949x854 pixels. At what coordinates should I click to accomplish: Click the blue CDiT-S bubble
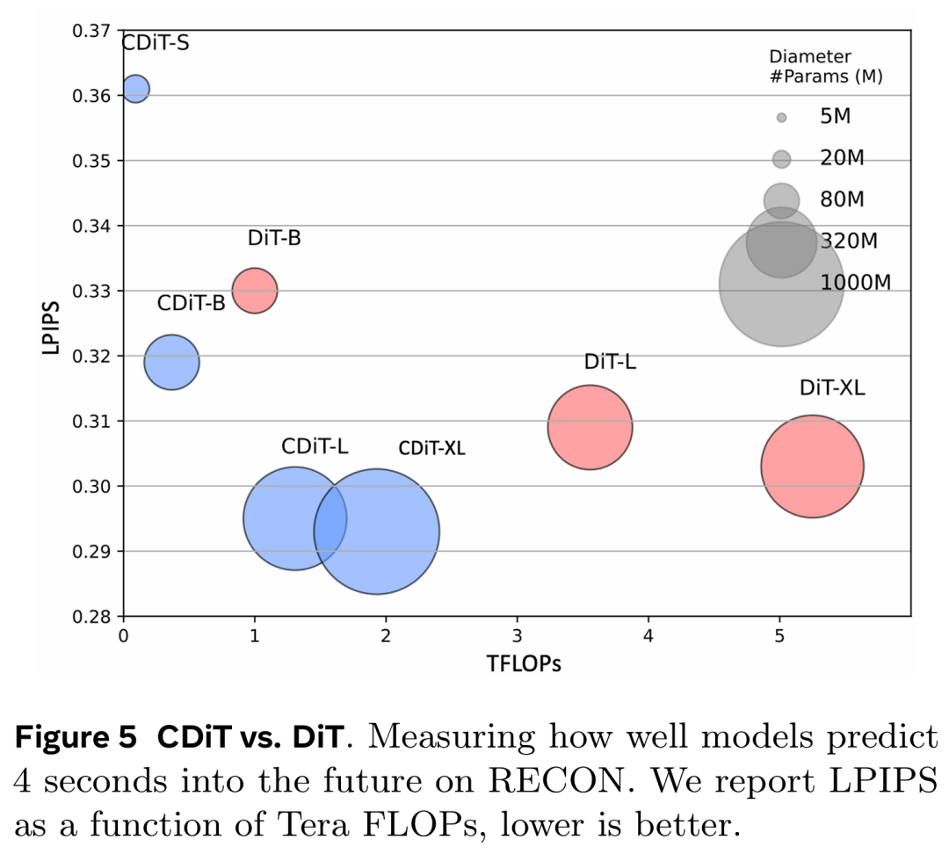(x=135, y=89)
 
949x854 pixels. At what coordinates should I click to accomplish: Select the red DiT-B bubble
(x=255, y=290)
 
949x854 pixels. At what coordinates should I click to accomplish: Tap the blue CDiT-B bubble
(x=171, y=361)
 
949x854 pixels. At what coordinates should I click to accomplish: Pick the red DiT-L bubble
(x=590, y=427)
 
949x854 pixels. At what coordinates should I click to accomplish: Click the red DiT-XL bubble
(x=812, y=467)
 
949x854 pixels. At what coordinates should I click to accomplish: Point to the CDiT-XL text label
(x=431, y=449)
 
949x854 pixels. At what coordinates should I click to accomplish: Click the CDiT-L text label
(x=315, y=445)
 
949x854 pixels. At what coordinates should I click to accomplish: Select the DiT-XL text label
(x=832, y=387)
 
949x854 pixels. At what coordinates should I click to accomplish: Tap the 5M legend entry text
(x=835, y=116)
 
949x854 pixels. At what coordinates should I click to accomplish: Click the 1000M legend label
(x=856, y=282)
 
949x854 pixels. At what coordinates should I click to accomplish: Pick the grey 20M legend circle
(x=781, y=159)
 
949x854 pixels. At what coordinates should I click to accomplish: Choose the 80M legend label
(x=842, y=199)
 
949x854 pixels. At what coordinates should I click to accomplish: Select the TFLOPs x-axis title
(x=524, y=663)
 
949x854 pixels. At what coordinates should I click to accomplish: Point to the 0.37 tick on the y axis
(x=92, y=31)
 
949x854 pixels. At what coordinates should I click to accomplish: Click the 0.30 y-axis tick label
(x=92, y=487)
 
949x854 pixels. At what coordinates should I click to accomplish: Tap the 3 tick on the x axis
(x=517, y=634)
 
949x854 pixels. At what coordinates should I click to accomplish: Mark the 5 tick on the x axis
(x=779, y=634)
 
